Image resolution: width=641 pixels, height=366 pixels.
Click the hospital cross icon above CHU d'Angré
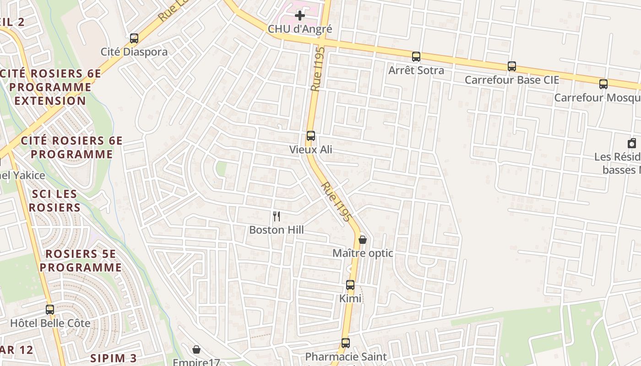[300, 16]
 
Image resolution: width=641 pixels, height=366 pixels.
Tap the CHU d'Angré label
[300, 29]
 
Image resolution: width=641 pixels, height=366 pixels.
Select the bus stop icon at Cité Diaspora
[134, 38]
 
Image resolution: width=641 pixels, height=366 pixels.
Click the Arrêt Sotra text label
[416, 70]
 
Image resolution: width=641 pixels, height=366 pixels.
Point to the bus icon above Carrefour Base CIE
[512, 66]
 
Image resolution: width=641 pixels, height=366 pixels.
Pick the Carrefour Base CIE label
[512, 80]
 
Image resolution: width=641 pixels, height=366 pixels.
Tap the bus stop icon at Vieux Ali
[311, 136]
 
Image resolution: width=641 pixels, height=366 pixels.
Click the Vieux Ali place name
[311, 150]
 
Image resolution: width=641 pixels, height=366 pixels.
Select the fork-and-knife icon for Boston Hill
[277, 216]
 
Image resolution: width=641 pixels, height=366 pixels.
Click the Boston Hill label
[277, 230]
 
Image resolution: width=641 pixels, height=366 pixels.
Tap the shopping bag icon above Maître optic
[363, 239]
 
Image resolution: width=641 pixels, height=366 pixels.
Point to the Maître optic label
[363, 253]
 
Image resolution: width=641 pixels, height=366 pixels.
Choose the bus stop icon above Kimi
[350, 285]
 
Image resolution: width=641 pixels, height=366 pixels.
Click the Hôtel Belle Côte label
[50, 323]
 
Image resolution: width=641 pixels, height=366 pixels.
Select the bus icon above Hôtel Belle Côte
[50, 310]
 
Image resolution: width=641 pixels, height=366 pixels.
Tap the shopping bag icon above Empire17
[196, 350]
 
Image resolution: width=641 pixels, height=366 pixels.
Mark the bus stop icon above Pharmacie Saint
[346, 343]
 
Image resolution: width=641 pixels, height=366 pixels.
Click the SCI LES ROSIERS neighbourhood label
[54, 201]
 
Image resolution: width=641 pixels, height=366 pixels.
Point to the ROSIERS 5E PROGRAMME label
[81, 261]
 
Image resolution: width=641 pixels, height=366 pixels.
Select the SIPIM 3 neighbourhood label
[114, 358]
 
